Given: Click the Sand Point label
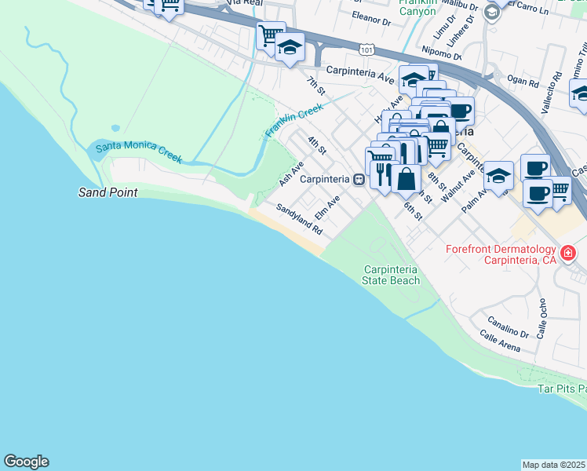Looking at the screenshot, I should [x=108, y=192].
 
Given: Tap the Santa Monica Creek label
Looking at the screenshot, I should [x=138, y=152].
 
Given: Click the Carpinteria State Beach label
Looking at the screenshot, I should [x=391, y=275].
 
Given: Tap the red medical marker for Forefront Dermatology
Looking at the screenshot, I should [x=567, y=254].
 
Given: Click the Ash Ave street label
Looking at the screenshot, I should [x=291, y=174].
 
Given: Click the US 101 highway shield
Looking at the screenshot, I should [x=367, y=49].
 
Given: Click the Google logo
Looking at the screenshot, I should [x=26, y=462].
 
